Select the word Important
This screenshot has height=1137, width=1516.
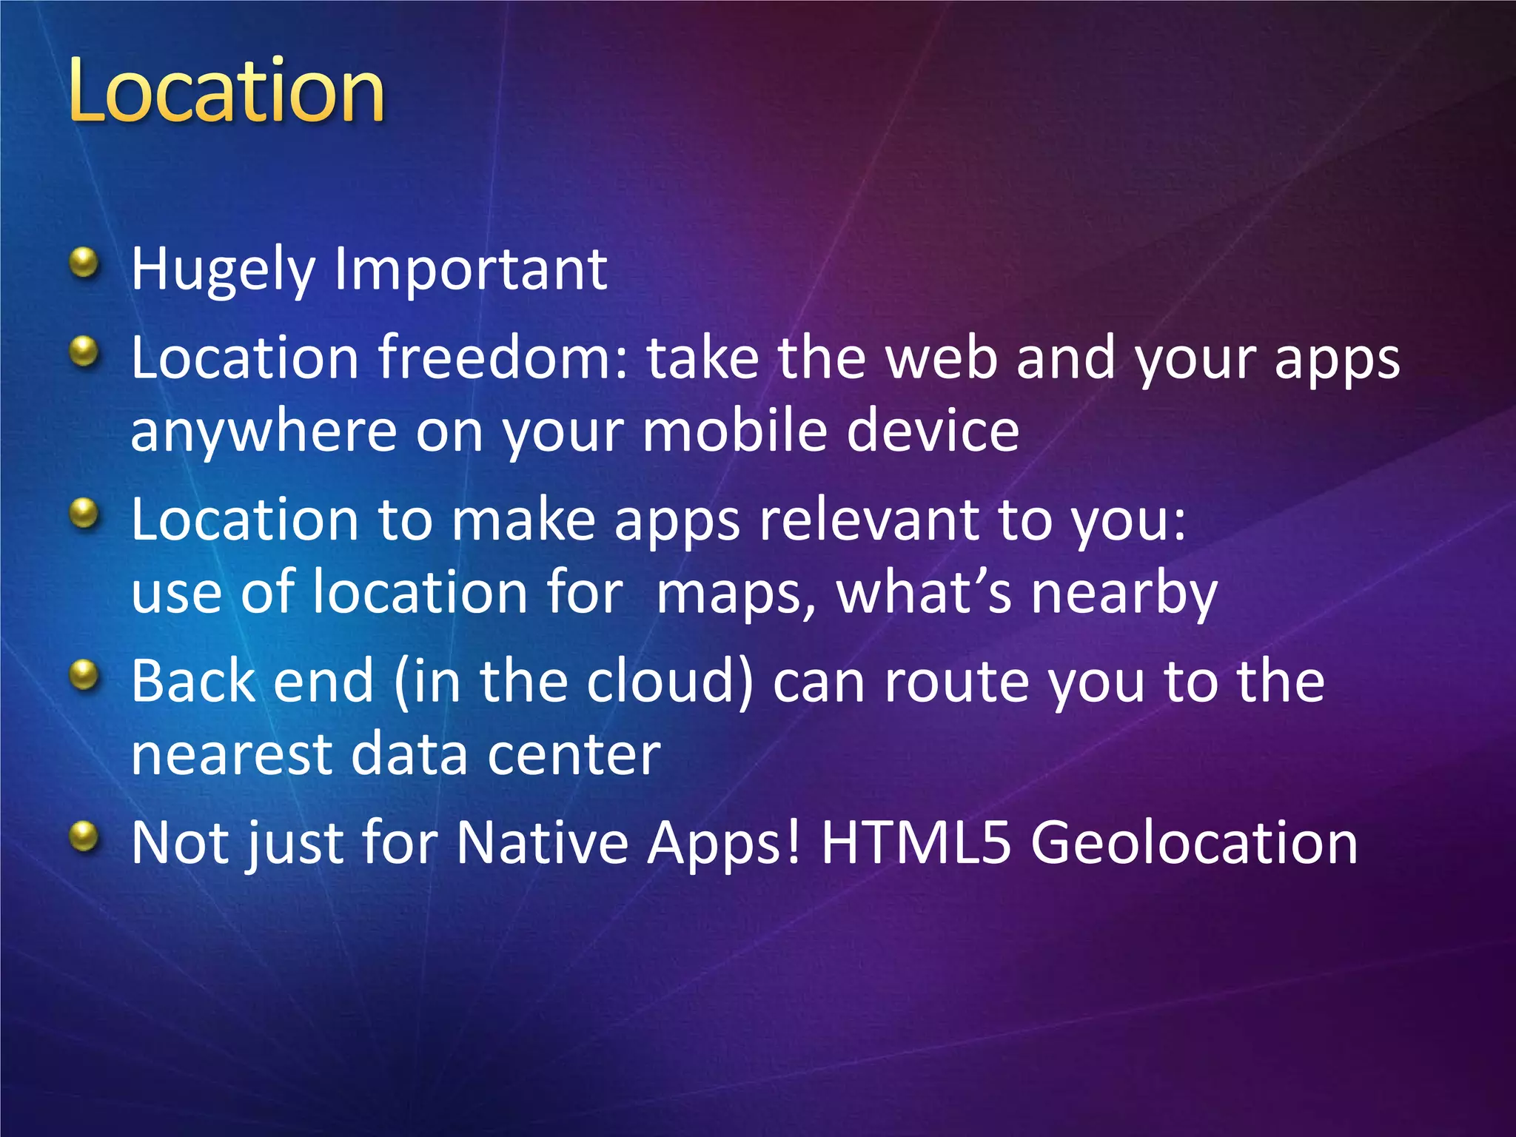471,270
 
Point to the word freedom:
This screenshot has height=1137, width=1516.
503,357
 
